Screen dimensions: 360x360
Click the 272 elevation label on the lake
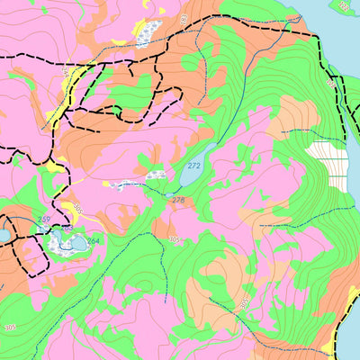pos(193,166)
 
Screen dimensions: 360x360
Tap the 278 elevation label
pos(178,200)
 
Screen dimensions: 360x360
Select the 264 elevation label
pos(93,240)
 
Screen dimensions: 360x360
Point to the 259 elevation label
pos(44,220)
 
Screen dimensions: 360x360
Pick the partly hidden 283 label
pos(67,228)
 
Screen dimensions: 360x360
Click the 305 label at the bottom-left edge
pos(10,327)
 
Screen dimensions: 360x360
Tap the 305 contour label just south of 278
pos(174,240)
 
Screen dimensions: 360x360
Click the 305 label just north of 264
pos(77,209)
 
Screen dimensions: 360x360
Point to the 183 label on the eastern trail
pos(330,83)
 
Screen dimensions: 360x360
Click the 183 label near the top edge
pos(184,19)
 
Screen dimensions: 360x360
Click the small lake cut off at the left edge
pos(3,236)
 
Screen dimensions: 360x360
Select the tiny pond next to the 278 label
pos(168,193)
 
